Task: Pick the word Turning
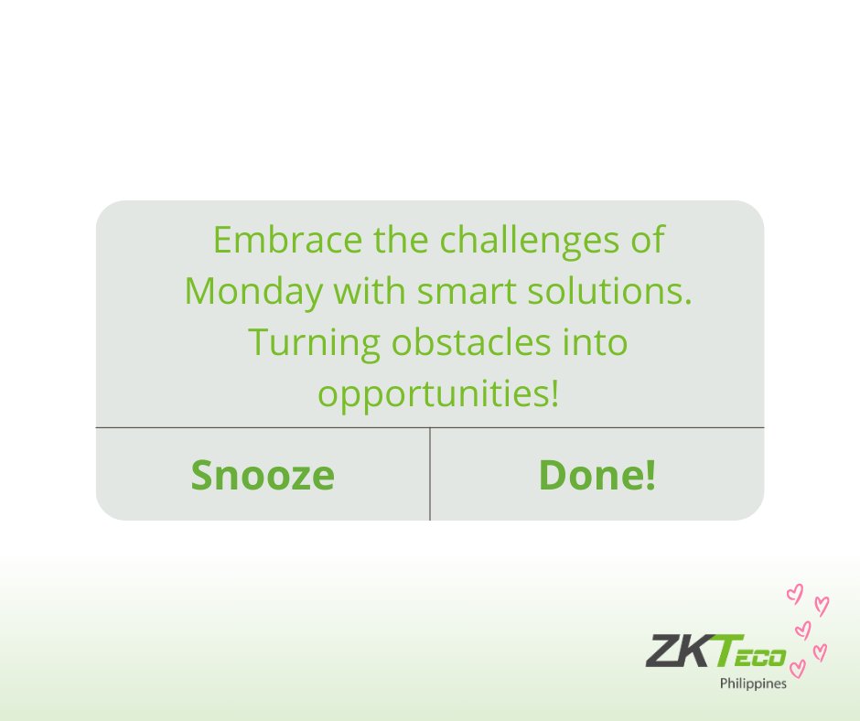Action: (314, 342)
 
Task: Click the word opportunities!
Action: (437, 394)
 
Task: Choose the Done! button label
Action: (597, 475)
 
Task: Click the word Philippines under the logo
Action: (752, 683)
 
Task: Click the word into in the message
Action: (596, 342)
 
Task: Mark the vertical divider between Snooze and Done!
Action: (430, 474)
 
